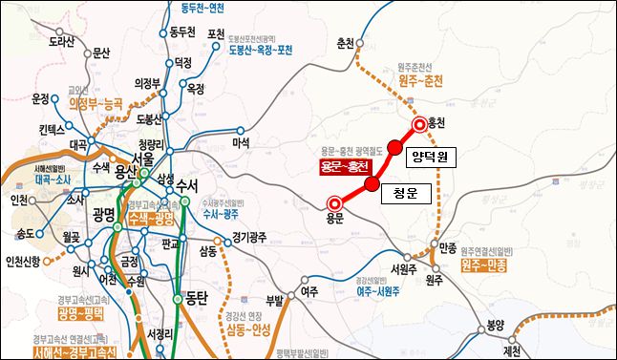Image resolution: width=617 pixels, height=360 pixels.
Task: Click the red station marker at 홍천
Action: [x=419, y=124]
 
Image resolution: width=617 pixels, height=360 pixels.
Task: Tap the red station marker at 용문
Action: [x=334, y=202]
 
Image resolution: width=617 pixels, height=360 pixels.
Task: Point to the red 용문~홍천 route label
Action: [x=343, y=164]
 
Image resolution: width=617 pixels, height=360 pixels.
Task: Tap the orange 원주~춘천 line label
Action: [x=421, y=80]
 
